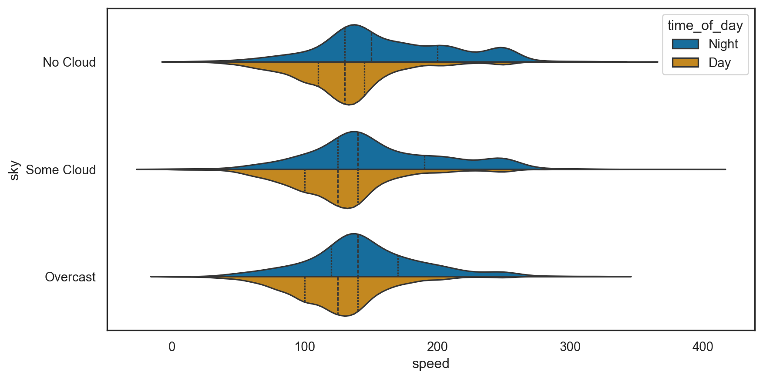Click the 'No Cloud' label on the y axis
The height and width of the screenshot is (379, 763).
coord(69,62)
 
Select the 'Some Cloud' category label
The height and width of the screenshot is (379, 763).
coord(61,169)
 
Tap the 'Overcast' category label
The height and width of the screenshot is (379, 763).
coord(70,277)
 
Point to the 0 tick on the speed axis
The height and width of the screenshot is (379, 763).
coord(172,347)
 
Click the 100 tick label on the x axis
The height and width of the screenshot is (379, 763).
coord(305,347)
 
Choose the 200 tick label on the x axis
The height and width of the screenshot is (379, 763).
coord(437,347)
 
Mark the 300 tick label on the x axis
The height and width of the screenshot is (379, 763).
coord(570,347)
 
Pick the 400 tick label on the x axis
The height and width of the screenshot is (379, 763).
coord(702,347)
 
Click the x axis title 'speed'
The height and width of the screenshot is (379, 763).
coord(430,364)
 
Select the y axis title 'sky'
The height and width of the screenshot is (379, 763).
coord(14,170)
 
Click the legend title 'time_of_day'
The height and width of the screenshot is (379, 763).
coord(705,26)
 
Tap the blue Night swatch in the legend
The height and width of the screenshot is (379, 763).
coord(685,44)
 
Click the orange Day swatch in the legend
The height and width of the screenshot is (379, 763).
coord(685,63)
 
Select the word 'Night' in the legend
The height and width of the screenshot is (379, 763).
coord(723,44)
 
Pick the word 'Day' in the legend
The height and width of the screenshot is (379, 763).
coord(719,63)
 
